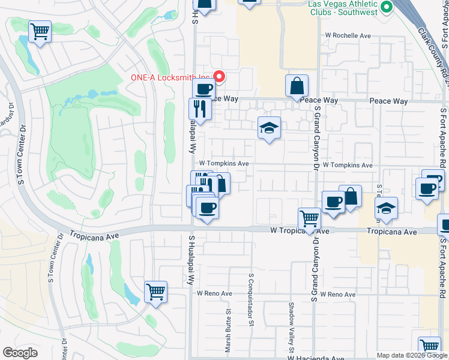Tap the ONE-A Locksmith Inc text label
click(x=171, y=77)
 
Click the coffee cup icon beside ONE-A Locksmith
click(x=203, y=89)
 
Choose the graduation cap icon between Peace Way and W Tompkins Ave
click(x=269, y=127)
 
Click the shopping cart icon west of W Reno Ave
click(x=155, y=292)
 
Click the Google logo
click(x=20, y=352)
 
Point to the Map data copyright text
click(x=411, y=355)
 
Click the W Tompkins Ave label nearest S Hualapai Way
click(x=224, y=163)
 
